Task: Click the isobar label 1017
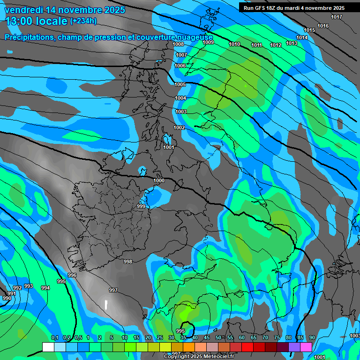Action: point(337,17)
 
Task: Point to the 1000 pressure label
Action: point(159,180)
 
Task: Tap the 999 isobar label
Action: point(141,206)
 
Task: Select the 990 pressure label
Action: point(7,299)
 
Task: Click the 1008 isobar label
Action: point(178,44)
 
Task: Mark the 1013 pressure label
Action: point(292,43)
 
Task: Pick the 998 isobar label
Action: point(128,262)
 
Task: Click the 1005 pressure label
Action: point(180,84)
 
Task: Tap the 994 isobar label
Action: point(45,288)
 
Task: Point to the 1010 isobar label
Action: point(234,44)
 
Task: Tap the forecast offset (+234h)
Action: point(83,21)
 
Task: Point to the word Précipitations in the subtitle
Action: point(30,37)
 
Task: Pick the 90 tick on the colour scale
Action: point(312,338)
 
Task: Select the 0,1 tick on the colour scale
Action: point(54,338)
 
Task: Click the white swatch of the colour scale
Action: point(48,347)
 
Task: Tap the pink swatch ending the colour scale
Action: point(306,347)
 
